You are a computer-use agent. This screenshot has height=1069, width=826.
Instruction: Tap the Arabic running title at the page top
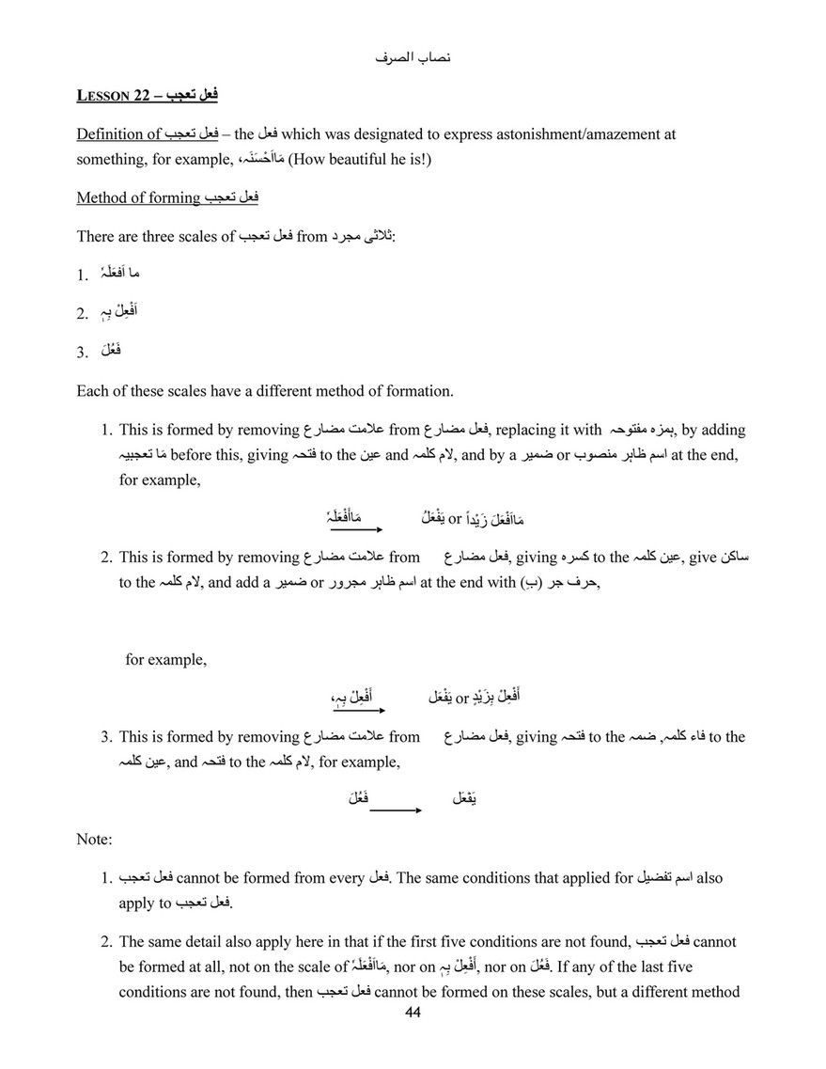413,58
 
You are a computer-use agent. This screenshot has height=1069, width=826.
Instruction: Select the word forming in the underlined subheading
175,197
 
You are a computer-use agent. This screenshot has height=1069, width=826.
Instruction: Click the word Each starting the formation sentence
92,390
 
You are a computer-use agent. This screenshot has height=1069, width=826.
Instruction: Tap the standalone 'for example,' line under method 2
165,659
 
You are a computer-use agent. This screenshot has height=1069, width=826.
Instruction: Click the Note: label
94,838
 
